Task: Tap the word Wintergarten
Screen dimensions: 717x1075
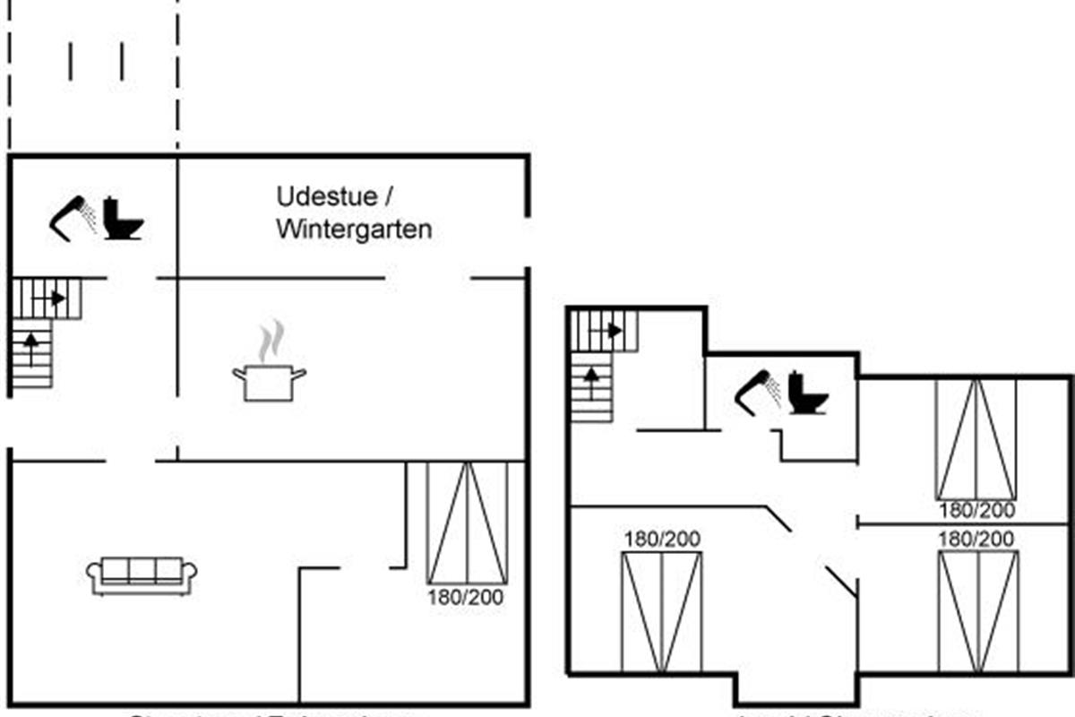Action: click(x=354, y=229)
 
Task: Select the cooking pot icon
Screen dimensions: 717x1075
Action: click(x=269, y=382)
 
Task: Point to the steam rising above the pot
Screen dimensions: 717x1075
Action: click(x=271, y=341)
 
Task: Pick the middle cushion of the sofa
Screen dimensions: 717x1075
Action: click(x=142, y=570)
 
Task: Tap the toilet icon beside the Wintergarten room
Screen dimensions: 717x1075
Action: click(x=122, y=218)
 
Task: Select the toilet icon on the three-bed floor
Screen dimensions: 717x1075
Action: click(x=808, y=393)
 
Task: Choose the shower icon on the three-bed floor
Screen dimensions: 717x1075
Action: click(x=758, y=393)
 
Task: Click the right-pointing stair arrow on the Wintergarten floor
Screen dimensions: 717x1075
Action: click(x=57, y=298)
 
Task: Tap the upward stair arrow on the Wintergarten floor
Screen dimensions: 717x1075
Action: click(x=32, y=343)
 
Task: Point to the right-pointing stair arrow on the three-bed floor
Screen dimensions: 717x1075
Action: click(x=615, y=331)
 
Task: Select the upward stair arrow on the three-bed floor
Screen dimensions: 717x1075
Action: click(x=590, y=376)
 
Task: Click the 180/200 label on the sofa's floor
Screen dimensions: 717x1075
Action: click(x=466, y=597)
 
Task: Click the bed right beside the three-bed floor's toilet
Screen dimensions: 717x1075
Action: click(x=976, y=439)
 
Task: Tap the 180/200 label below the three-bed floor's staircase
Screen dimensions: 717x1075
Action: click(x=662, y=539)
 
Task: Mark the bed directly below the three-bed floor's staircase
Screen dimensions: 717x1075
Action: click(x=662, y=612)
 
